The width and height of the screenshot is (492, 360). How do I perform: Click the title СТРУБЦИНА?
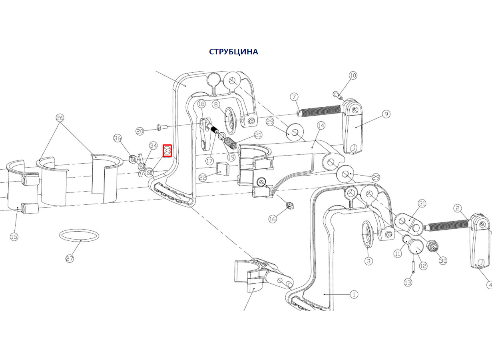pyautogui.click(x=233, y=52)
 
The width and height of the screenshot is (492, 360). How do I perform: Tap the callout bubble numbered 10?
pyautogui.click(x=353, y=75)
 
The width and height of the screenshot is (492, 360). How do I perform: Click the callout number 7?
pyautogui.click(x=294, y=97)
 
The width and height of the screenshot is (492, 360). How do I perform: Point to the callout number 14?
pyautogui.click(x=321, y=126)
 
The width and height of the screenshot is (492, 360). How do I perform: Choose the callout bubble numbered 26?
pyautogui.click(x=60, y=118)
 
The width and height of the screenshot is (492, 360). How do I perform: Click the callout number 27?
pyautogui.click(x=70, y=258)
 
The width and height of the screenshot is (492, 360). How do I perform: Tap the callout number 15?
pyautogui.click(x=14, y=237)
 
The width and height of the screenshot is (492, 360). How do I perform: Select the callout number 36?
pyautogui.click(x=118, y=138)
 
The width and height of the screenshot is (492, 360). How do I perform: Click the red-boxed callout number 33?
pyautogui.click(x=167, y=151)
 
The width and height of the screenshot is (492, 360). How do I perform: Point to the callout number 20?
pyautogui.click(x=139, y=131)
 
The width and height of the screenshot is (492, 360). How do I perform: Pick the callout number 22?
pyautogui.click(x=203, y=177)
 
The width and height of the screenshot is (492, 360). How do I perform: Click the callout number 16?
pyautogui.click(x=273, y=219)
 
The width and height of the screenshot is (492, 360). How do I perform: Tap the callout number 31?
pyautogui.click(x=422, y=203)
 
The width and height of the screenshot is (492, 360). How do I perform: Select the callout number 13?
pyautogui.click(x=408, y=282)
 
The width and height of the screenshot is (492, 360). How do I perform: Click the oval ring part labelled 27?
pyautogui.click(x=79, y=235)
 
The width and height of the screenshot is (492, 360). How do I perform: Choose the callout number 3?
pyautogui.click(x=369, y=261)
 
